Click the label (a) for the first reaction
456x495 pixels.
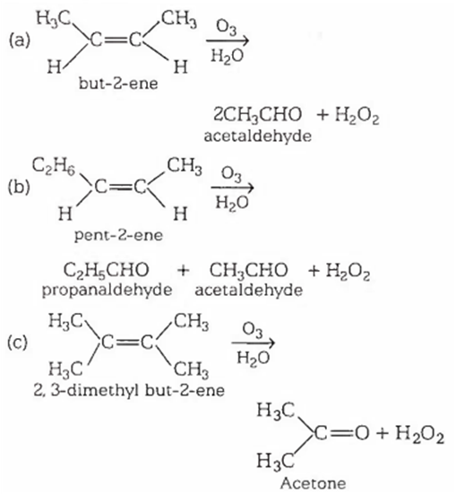(x=20, y=40)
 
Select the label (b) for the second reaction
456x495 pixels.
(x=19, y=187)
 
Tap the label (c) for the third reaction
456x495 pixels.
(x=17, y=343)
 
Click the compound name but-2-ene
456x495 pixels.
(x=118, y=83)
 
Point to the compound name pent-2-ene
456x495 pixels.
(x=118, y=236)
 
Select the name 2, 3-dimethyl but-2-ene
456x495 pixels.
(x=129, y=390)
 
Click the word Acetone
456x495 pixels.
(x=314, y=483)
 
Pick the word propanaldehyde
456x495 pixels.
(x=108, y=290)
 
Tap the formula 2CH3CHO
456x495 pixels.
(x=258, y=114)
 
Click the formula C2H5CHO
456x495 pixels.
(x=106, y=270)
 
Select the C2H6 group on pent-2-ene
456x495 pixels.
(x=54, y=167)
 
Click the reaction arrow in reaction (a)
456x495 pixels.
(x=228, y=40)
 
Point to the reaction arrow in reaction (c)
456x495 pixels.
(x=254, y=343)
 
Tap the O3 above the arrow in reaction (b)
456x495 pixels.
(x=231, y=174)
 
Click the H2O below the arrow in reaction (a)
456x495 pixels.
(x=227, y=56)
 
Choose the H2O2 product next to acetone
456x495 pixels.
(x=420, y=434)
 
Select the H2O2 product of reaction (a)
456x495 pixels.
(x=357, y=115)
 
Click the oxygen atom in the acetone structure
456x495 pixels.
(x=362, y=433)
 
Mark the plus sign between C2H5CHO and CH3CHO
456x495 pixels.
(x=183, y=271)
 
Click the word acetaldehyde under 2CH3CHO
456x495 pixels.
(x=258, y=136)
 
